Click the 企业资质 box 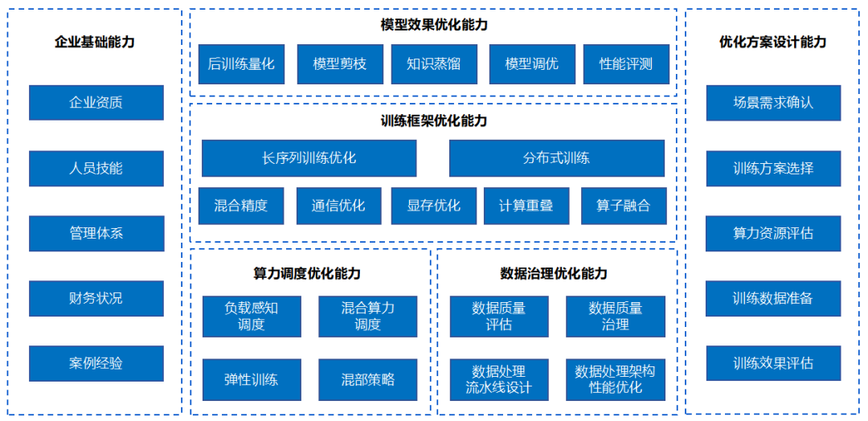(96, 102)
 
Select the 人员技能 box (96, 168)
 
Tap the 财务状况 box (96, 298)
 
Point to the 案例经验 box (96, 363)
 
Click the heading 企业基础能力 (95, 42)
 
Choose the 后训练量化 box (241, 64)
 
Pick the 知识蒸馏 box (433, 64)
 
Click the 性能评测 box (626, 64)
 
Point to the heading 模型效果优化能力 (434, 25)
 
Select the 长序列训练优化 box (309, 158)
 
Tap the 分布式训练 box (556, 158)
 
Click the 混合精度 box (241, 206)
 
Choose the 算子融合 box (624, 206)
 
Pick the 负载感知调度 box (252, 317)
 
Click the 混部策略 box (367, 379)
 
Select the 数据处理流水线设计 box (499, 379)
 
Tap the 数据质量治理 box (616, 317)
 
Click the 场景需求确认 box (773, 102)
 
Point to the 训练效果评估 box (773, 363)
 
